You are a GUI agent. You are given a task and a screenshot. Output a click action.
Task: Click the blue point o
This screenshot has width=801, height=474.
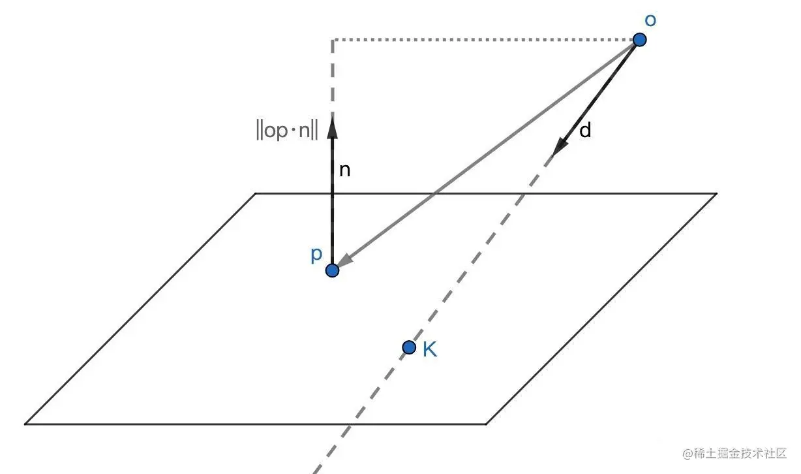[x=640, y=40]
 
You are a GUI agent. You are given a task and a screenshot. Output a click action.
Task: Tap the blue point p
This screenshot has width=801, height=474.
[x=333, y=270]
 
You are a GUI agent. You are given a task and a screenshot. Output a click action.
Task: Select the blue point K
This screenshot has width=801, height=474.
[x=409, y=347]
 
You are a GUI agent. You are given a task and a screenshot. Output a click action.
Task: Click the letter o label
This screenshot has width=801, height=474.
[x=650, y=20]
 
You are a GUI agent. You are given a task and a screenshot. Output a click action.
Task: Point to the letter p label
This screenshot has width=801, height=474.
[x=316, y=254]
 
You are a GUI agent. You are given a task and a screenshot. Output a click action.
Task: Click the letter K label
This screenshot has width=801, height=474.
[x=429, y=350]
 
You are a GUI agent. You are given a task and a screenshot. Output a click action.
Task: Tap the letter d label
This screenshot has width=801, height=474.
[x=585, y=131]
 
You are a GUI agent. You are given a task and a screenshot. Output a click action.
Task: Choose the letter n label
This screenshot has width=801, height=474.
[x=346, y=170]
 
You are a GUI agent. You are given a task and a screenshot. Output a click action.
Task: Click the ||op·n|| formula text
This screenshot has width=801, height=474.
[x=287, y=130]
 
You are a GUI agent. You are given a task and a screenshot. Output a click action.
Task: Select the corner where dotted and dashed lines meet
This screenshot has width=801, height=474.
[x=333, y=40]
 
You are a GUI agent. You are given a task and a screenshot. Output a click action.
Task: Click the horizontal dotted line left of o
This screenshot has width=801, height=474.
[x=483, y=40]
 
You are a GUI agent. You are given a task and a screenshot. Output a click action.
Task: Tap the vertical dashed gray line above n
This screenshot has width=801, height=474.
[x=333, y=78]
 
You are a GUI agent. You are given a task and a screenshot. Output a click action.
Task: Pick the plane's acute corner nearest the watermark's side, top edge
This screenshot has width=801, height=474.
[x=716, y=194]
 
